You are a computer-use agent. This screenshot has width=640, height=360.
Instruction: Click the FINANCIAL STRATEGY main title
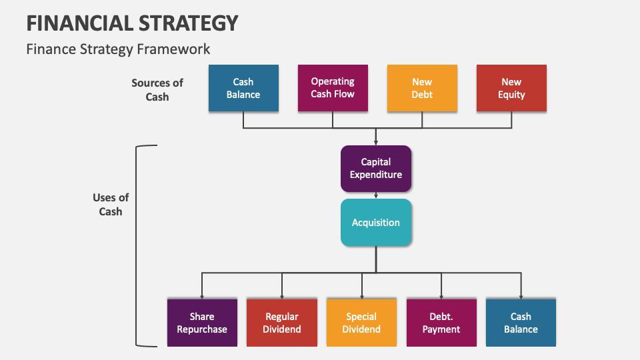(x=132, y=23)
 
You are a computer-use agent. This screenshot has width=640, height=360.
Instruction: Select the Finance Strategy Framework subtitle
(x=118, y=49)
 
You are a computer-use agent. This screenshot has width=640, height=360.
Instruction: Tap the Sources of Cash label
(x=157, y=89)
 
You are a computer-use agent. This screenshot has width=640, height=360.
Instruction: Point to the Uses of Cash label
(x=111, y=205)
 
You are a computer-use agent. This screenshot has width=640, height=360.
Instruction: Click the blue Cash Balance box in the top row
(x=243, y=88)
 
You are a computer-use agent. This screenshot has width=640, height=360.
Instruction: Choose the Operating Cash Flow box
(x=333, y=88)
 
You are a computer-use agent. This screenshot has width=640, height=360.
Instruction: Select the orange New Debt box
(x=422, y=88)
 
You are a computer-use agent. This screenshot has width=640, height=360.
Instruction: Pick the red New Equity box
(x=511, y=88)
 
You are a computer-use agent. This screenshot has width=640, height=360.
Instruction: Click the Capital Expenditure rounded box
(x=376, y=168)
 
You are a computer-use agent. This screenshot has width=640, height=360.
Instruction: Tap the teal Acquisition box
(x=376, y=223)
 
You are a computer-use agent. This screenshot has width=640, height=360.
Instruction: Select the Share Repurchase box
(x=202, y=323)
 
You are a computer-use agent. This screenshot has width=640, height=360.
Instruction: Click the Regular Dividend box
(x=282, y=323)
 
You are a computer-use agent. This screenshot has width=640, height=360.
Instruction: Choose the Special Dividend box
(x=361, y=323)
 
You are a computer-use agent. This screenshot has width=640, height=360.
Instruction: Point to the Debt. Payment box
(x=441, y=323)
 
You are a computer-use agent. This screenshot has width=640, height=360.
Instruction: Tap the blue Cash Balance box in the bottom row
(x=521, y=323)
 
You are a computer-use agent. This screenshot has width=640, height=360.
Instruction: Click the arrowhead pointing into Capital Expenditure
(x=376, y=142)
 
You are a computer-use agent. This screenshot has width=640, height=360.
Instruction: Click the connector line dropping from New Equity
(x=511, y=119)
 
